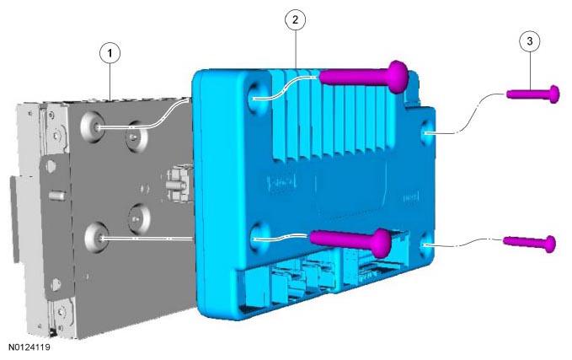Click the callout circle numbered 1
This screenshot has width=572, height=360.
[110, 53]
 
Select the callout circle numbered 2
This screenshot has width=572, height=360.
[295, 19]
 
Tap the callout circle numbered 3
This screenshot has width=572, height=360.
[530, 41]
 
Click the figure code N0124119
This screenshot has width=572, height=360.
[29, 347]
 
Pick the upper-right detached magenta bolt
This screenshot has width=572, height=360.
[533, 94]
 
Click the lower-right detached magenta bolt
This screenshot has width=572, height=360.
[530, 243]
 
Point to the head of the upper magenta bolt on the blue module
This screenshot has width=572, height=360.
[398, 77]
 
